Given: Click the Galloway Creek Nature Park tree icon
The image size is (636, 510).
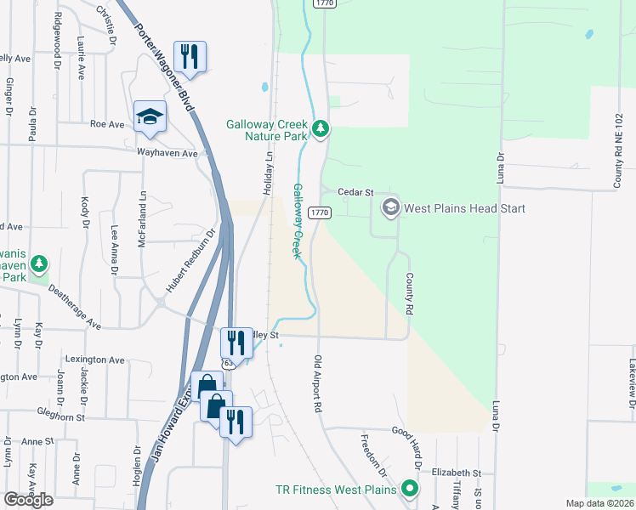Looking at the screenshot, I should pyautogui.click(x=321, y=129).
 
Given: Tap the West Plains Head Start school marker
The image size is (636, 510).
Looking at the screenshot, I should pyautogui.click(x=390, y=207).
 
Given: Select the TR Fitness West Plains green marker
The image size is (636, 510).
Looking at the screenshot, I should pyautogui.click(x=410, y=489).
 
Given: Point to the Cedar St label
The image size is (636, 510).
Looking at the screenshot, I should pyautogui.click(x=355, y=193).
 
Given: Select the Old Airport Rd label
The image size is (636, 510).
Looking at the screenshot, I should pyautogui.click(x=318, y=384).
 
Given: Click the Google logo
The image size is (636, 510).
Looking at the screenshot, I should pyautogui.click(x=28, y=499).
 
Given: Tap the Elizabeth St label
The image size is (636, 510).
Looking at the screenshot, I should pyautogui.click(x=457, y=473).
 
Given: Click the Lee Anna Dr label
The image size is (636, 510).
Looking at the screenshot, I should pyautogui.click(x=115, y=249).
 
